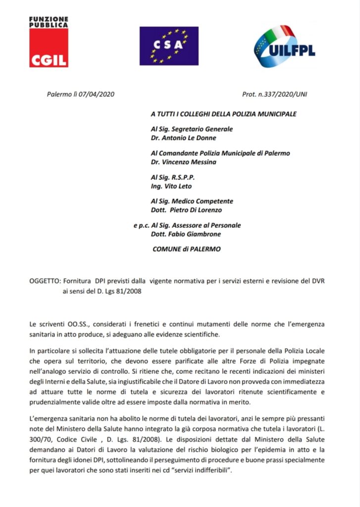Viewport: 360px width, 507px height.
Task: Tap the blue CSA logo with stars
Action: click(x=169, y=46)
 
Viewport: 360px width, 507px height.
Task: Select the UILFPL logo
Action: click(x=284, y=48)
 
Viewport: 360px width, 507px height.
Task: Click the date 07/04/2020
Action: click(x=97, y=94)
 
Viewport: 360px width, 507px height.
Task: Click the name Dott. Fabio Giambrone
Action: click(x=185, y=234)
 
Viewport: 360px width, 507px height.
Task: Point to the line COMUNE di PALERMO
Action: click(x=187, y=249)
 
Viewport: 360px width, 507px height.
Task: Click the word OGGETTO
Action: click(x=45, y=281)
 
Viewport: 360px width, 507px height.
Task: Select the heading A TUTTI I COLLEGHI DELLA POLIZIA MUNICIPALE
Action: click(x=224, y=114)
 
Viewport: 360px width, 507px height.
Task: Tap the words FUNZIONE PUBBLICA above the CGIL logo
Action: click(x=49, y=22)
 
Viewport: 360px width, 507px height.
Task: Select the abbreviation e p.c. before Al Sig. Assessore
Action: click(x=141, y=225)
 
